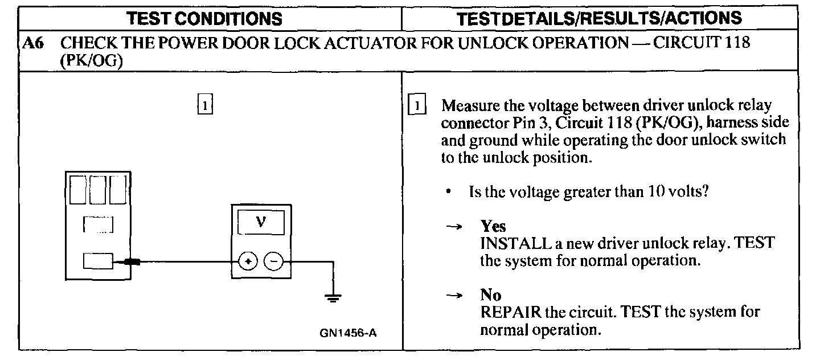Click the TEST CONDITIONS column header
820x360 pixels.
tap(204, 18)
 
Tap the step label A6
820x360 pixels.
tap(34, 44)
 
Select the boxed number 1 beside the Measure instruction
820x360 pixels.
tap(419, 106)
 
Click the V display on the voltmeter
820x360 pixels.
tap(261, 221)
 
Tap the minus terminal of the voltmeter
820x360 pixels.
tap(274, 261)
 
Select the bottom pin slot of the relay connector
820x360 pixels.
tap(98, 261)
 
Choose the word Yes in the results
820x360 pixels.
tap(493, 227)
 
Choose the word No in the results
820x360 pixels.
tap(490, 296)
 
